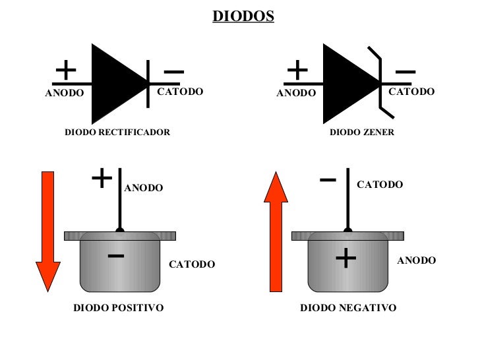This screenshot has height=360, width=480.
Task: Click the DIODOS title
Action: pos(243,16)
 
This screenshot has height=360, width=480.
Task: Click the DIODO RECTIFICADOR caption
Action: pos(117,133)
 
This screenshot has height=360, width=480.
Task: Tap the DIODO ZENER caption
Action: pos(362,133)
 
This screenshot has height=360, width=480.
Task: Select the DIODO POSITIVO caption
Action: pos(118,308)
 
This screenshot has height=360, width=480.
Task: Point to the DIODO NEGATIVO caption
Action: pos(348,308)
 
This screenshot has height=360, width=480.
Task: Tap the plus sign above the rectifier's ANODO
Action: pos(65,70)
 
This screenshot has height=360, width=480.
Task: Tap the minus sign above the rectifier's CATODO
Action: pos(174,72)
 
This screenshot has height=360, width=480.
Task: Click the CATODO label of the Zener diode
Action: pos(411,92)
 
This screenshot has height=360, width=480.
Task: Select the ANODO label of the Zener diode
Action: pos(296,93)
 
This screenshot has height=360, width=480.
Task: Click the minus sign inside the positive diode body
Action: pos(116,255)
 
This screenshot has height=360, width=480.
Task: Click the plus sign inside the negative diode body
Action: pos(346,258)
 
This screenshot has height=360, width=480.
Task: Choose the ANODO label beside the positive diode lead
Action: pos(144,188)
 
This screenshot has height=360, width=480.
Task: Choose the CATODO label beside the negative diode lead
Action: pos(380,185)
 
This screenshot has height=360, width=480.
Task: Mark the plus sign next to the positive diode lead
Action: pos(102,177)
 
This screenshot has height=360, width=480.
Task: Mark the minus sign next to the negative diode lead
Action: pos(328,179)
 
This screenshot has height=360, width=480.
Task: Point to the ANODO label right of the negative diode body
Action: pos(416,260)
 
